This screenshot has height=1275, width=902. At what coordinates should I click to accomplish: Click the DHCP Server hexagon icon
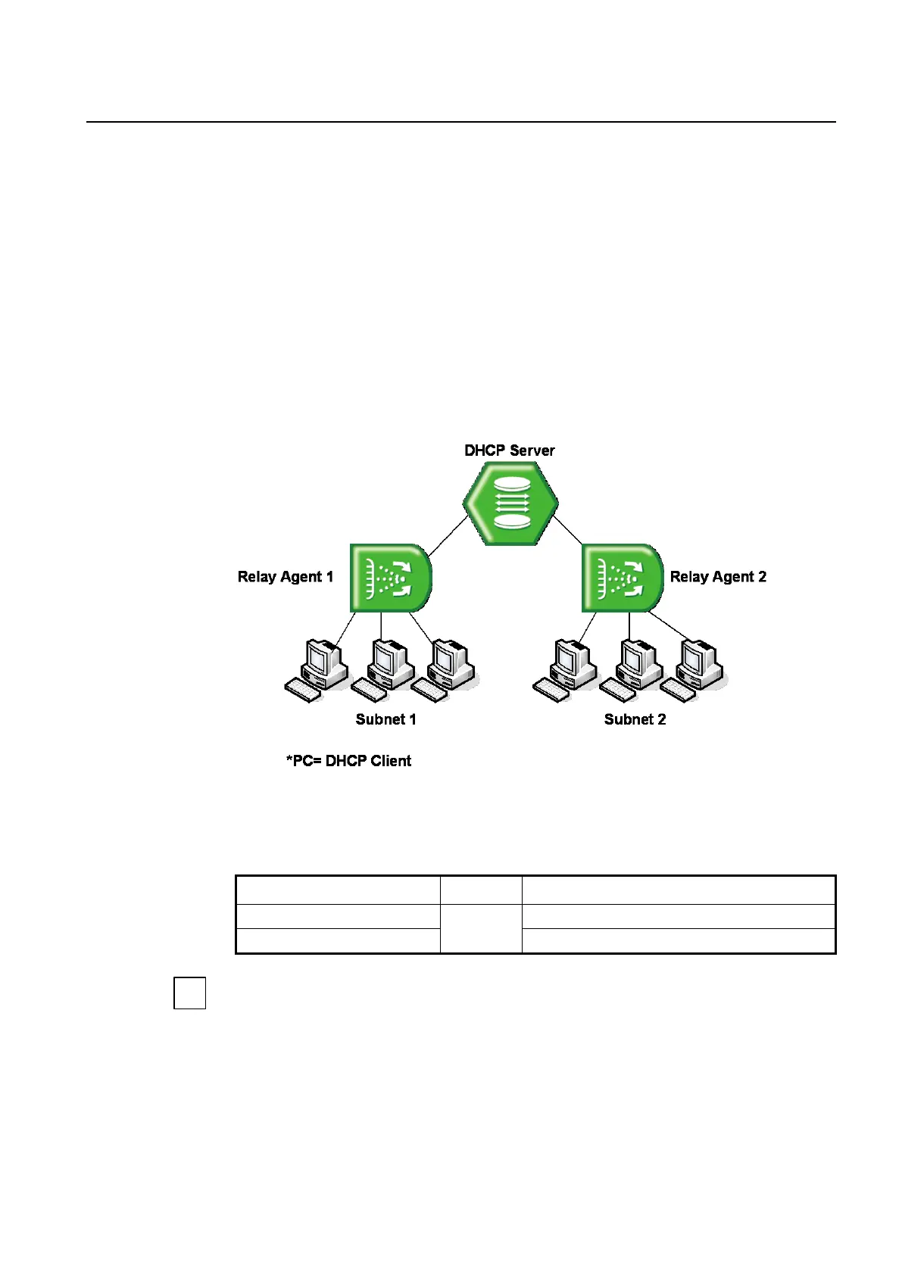tap(510, 503)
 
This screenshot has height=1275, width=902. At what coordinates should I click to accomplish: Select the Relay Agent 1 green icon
tap(390, 578)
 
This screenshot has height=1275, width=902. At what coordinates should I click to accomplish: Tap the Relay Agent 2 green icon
tap(622, 578)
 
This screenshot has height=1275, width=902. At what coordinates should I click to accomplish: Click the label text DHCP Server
tap(509, 450)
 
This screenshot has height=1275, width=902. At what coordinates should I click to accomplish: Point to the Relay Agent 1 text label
tap(286, 577)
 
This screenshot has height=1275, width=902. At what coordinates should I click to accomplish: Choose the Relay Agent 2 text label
tap(718, 577)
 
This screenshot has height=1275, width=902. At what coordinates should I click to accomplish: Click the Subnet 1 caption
tap(385, 719)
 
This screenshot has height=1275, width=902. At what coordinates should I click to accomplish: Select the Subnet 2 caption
tap(635, 719)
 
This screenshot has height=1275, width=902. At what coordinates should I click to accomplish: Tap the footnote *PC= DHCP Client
tap(348, 761)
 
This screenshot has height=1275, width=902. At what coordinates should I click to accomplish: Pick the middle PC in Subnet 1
tap(385, 669)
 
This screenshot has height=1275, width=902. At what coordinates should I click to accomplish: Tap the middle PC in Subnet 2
tap(633, 669)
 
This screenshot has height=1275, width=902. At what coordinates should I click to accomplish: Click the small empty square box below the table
tap(189, 993)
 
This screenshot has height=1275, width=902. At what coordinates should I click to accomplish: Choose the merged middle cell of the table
tap(480, 928)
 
